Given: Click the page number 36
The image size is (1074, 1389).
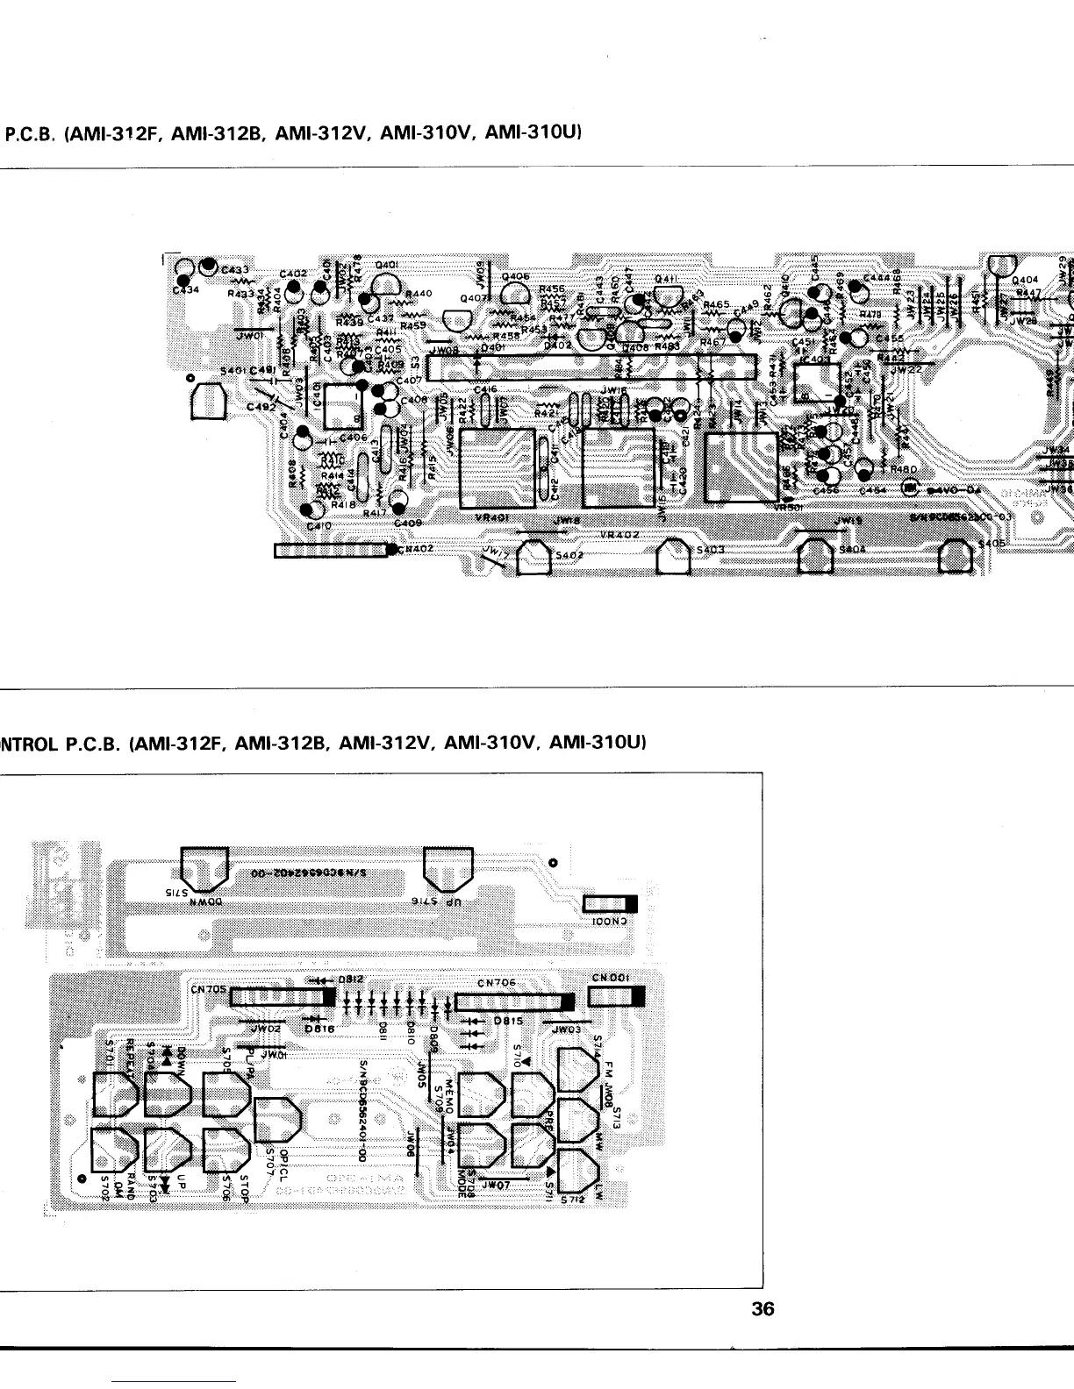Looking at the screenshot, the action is pyautogui.click(x=763, y=1309).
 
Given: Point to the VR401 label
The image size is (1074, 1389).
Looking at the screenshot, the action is pyautogui.click(x=490, y=517).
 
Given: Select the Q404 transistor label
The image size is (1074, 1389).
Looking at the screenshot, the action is pyautogui.click(x=1026, y=281).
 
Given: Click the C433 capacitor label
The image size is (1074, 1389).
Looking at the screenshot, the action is pyautogui.click(x=235, y=269).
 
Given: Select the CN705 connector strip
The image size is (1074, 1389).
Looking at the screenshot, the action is pyautogui.click(x=282, y=997).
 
